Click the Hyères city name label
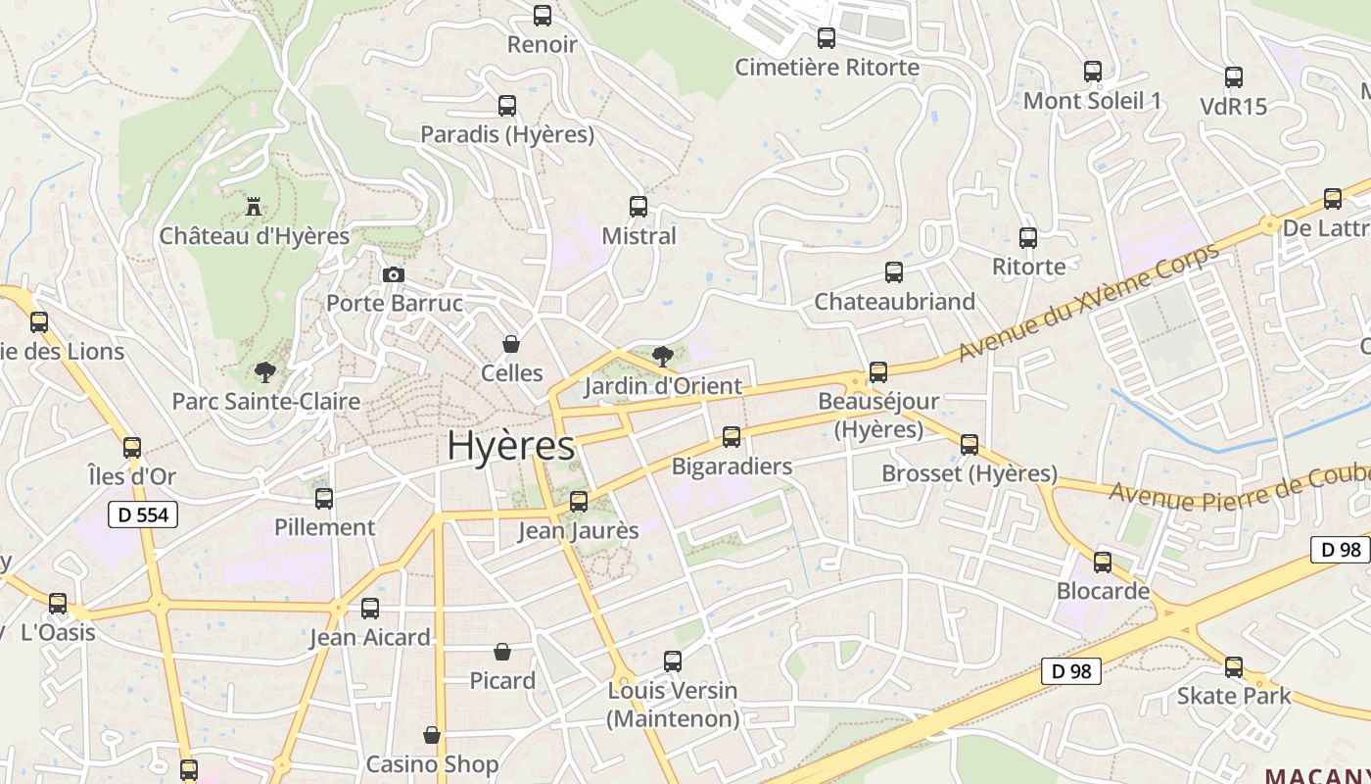tap(510, 446)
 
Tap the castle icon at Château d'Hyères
tap(254, 207)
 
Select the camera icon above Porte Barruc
tap(394, 274)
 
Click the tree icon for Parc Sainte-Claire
tap(264, 371)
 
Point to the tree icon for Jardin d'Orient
tap(663, 356)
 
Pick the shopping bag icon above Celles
tap(510, 344)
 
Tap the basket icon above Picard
tap(502, 652)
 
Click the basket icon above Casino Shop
tap(432, 735)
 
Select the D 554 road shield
tap(142, 514)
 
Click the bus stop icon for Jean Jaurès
tap(579, 502)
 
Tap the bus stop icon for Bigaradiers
tap(732, 437)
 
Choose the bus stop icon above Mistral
tap(638, 207)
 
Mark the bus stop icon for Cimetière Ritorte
tap(827, 38)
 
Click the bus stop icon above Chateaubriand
tap(894, 272)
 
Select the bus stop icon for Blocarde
tap(1103, 563)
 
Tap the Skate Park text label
tap(1234, 696)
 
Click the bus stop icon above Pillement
tap(324, 498)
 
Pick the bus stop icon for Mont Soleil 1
tap(1093, 72)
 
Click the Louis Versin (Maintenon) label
tap(673, 705)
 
